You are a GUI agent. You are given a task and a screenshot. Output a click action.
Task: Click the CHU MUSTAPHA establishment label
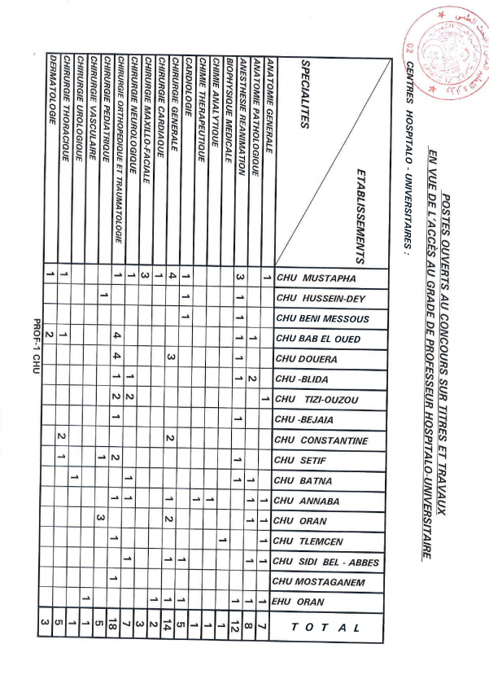click(317, 278)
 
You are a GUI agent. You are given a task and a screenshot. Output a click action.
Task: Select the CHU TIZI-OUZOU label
click(317, 399)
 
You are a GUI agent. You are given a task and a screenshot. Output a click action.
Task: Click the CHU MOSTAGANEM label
click(318, 581)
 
